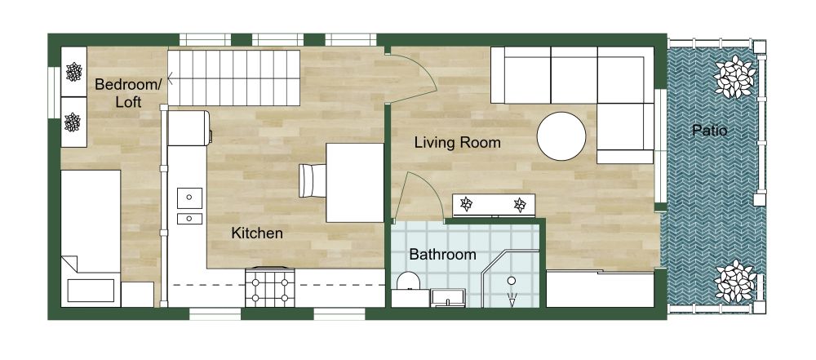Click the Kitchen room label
tap(257, 233)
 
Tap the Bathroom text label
tap(442, 255)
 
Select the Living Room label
tap(457, 143)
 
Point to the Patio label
tap(709, 130)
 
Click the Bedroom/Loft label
tap(128, 93)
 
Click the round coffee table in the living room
tap(561, 136)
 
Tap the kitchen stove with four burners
tap(270, 288)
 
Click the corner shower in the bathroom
tap(512, 282)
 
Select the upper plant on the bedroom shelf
tap(75, 72)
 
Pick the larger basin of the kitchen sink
tap(189, 197)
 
